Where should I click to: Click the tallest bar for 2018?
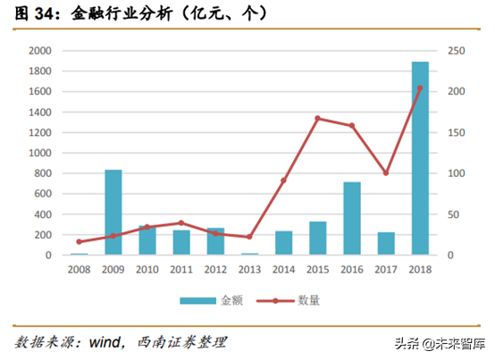[x=420, y=159]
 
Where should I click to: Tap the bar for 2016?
[x=352, y=219]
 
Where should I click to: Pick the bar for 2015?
[x=318, y=239]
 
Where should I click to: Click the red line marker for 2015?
[x=317, y=118]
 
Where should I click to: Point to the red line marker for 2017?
[x=386, y=173]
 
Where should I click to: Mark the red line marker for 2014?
[x=283, y=180]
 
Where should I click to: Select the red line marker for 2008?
[x=79, y=242]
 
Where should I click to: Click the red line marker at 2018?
[x=420, y=88]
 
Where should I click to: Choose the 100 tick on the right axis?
[x=457, y=173]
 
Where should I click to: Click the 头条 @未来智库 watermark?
[x=442, y=344]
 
